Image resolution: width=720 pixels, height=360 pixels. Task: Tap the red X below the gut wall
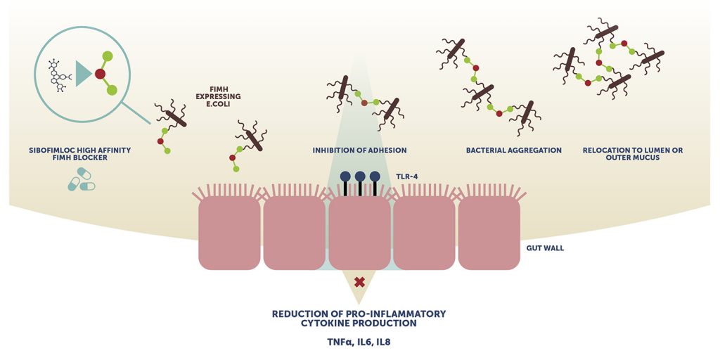point(359,282)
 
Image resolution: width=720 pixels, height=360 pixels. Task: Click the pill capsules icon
point(81,182)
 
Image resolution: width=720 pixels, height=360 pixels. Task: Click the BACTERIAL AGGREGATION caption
point(503,150)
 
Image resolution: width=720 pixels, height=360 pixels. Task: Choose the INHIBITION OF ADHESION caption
point(359,150)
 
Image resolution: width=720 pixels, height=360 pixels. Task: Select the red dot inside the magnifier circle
point(100,73)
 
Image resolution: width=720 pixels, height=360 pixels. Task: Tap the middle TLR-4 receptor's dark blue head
point(359,176)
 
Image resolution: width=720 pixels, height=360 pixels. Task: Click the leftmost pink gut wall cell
point(229,233)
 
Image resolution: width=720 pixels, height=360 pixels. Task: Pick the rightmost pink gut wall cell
point(489,233)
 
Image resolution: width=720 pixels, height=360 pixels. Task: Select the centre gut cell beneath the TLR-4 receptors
point(359,233)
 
